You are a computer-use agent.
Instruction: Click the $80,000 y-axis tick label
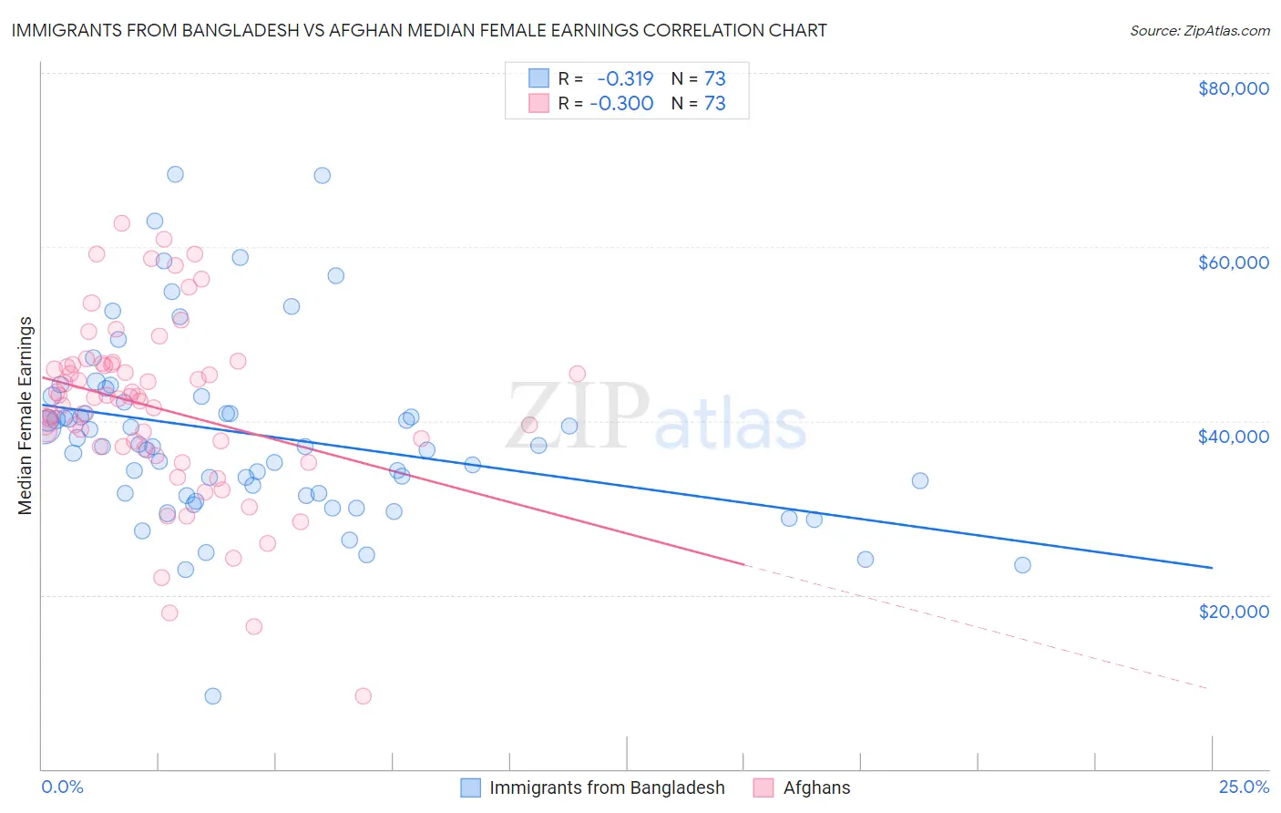(x=1233, y=88)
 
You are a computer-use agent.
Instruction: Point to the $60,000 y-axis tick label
(x=1233, y=262)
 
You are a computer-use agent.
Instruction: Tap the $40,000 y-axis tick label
(x=1233, y=437)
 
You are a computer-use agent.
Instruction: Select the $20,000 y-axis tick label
(x=1233, y=611)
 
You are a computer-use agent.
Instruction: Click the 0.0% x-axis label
(x=62, y=787)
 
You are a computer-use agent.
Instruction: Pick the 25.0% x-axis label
(x=1244, y=787)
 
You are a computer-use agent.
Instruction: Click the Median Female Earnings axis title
(x=26, y=416)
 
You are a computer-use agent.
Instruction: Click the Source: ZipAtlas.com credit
(x=1199, y=30)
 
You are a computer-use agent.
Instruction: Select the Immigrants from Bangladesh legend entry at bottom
(x=606, y=787)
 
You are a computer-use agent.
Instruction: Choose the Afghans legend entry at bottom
(x=816, y=787)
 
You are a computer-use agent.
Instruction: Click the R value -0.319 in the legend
(x=625, y=78)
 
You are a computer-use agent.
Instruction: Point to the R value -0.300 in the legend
(x=621, y=103)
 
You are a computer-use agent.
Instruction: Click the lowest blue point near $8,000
(x=212, y=696)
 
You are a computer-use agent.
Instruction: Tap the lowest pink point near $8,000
(x=363, y=696)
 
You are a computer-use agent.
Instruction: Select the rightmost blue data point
(x=1022, y=565)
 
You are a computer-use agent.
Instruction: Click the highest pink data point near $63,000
(x=121, y=223)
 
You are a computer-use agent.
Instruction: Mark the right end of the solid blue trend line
(x=1212, y=568)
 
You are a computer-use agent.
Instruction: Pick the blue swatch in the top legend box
(x=538, y=78)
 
